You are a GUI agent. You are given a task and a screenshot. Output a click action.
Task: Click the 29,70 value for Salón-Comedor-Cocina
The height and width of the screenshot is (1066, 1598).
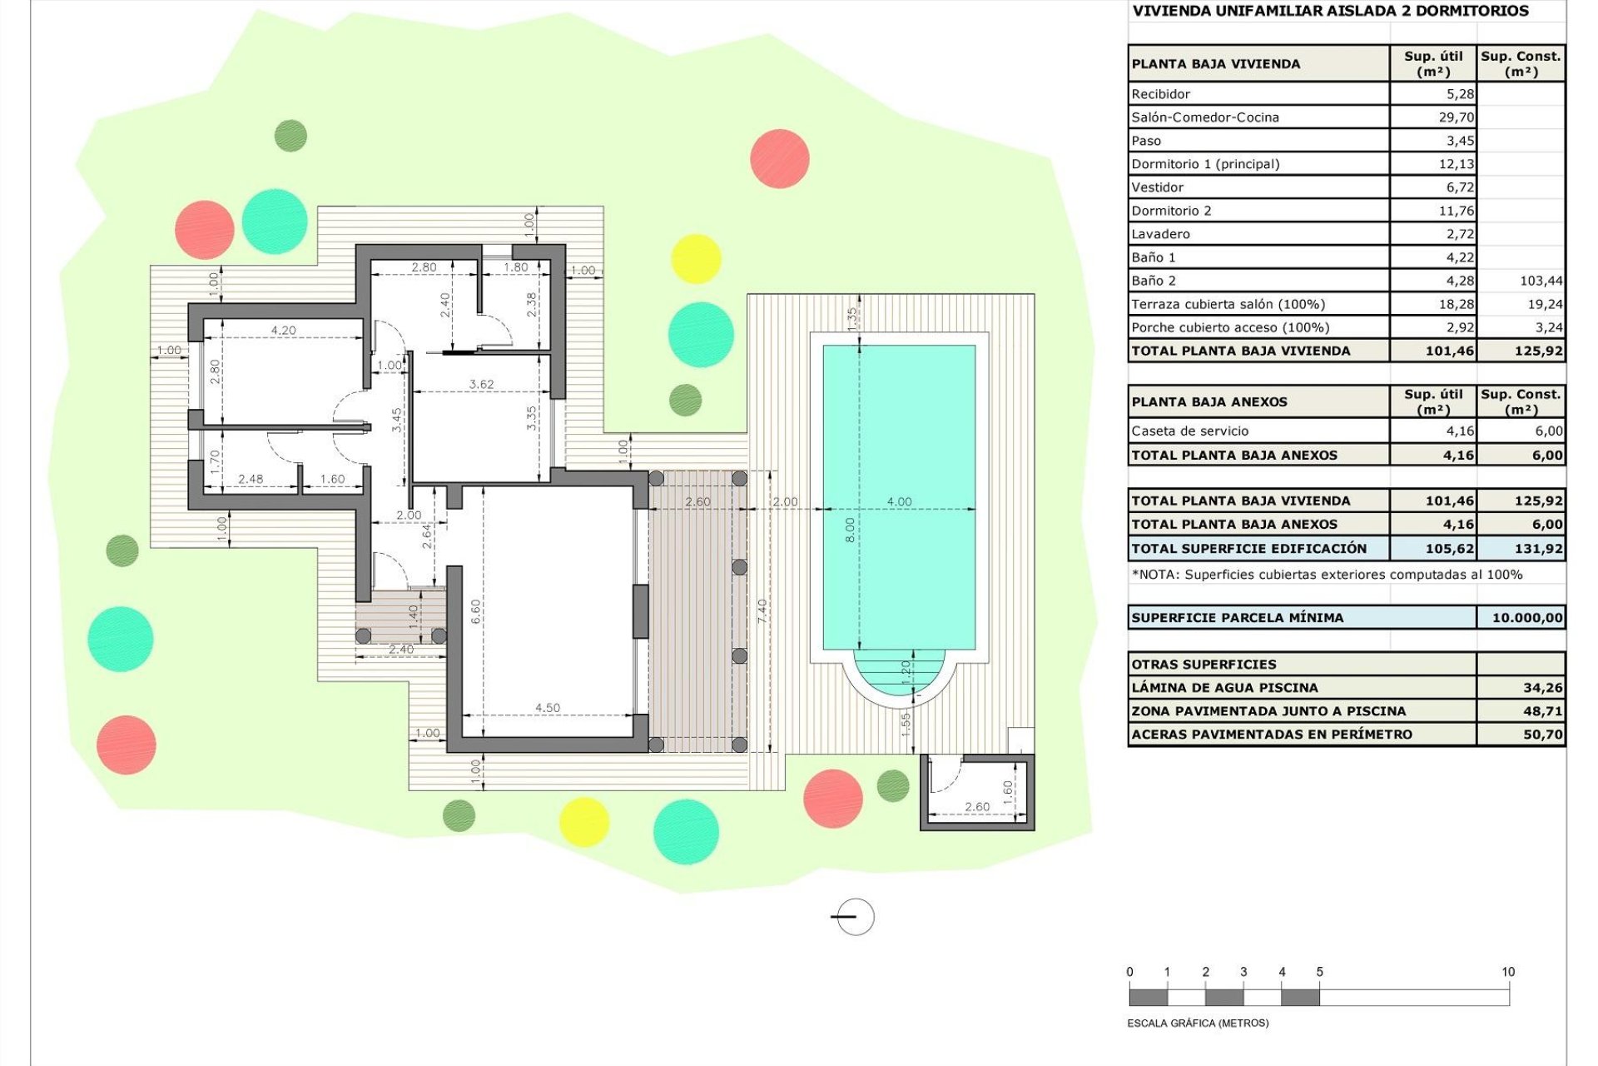[x=1456, y=117]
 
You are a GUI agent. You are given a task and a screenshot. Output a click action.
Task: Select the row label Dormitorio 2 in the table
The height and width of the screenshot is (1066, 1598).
[x=1171, y=211]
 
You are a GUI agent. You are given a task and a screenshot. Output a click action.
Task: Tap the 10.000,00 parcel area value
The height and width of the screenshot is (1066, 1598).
[x=1526, y=618]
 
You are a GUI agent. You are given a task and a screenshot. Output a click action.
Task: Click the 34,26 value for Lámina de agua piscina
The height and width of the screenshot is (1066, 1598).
[x=1542, y=688]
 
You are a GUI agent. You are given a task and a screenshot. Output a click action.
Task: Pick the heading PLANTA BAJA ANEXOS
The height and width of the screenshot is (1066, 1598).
[x=1208, y=401]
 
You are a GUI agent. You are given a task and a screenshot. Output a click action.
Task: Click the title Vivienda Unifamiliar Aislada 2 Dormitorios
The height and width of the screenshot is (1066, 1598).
[x=1330, y=11]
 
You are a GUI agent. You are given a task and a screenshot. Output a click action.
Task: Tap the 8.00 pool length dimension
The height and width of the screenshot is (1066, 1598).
[x=849, y=530]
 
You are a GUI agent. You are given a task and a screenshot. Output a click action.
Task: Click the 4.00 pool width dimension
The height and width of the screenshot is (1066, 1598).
[x=899, y=501]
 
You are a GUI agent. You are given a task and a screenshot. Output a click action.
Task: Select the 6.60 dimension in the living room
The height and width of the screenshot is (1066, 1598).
[x=476, y=612]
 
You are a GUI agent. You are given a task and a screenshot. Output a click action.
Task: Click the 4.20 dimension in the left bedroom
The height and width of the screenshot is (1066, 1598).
[x=283, y=331]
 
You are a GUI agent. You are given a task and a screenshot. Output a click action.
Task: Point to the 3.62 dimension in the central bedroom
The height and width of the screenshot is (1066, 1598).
[x=481, y=384]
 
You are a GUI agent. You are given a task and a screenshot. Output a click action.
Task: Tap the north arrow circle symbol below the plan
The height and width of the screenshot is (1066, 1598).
[x=854, y=917]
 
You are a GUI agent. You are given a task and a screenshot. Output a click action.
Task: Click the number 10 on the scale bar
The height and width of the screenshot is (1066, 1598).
[x=1507, y=972]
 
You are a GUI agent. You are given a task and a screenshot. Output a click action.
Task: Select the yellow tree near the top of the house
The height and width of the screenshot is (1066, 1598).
[x=695, y=258]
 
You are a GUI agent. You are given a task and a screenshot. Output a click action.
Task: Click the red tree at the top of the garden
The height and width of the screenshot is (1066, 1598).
[x=779, y=158]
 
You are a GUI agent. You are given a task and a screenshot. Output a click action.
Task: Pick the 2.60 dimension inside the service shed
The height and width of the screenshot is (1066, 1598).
[x=977, y=806]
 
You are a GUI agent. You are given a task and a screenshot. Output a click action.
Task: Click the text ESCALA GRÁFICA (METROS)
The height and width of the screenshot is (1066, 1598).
[x=1198, y=1023]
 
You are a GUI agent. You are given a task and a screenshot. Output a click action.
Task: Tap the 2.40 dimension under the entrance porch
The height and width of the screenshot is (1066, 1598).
[x=400, y=650]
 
